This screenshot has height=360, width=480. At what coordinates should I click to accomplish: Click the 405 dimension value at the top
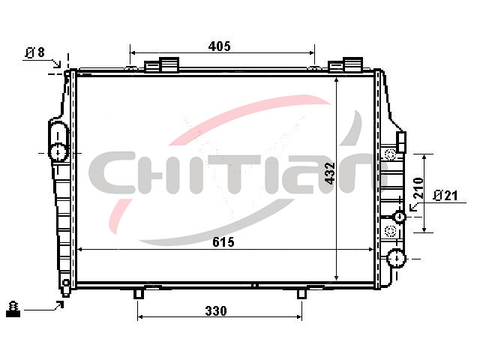tap(219, 46)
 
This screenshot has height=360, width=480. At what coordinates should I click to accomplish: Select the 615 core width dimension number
tap(223, 242)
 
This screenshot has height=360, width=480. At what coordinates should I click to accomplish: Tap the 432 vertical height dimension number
tap(330, 173)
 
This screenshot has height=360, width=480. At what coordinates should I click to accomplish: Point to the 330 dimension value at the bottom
tap(216, 311)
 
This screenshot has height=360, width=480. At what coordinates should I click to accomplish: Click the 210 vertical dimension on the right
tap(418, 188)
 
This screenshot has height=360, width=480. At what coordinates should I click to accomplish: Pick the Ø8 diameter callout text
tap(35, 52)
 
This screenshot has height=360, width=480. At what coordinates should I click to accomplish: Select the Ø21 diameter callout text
tap(445, 195)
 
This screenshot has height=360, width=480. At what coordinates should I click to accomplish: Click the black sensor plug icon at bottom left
tap(13, 309)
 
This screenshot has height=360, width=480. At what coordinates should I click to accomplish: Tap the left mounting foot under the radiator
tap(138, 293)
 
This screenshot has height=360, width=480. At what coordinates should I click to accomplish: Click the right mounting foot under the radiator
tap(301, 293)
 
